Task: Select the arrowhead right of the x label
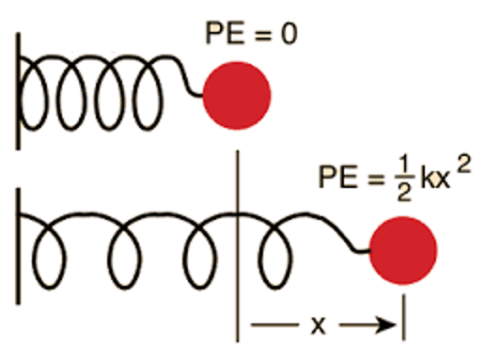point(386,325)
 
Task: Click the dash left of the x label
point(273,325)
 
